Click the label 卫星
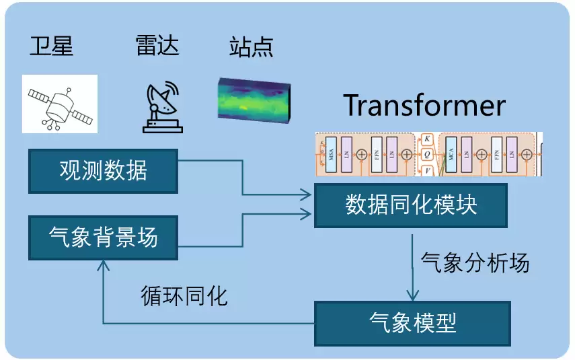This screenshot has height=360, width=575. click(51, 46)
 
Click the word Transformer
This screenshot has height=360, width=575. click(424, 106)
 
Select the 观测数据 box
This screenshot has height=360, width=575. click(103, 171)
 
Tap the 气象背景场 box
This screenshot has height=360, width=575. click(103, 238)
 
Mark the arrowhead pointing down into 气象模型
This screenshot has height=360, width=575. click(412, 295)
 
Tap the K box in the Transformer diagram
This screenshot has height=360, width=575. click(426, 139)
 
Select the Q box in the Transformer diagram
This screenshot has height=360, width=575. click(426, 155)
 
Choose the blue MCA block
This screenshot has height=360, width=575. click(451, 154)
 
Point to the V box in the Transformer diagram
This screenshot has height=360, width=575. click(426, 170)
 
